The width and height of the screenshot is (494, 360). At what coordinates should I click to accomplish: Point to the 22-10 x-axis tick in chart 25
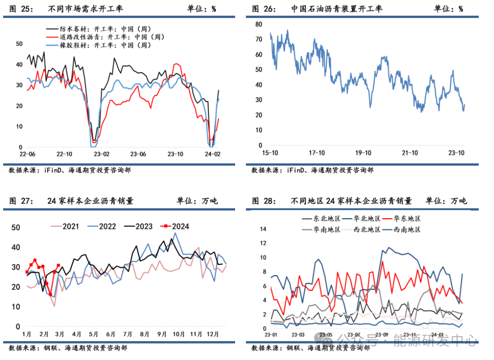64,154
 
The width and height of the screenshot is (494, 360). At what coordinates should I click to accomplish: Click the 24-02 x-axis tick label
212,154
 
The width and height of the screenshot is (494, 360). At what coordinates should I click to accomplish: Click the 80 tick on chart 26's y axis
258,24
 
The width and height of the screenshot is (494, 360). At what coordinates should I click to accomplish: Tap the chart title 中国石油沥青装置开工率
337,9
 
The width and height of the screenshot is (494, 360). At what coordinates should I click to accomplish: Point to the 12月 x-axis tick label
213,335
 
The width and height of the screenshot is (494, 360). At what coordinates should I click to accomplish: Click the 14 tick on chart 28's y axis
263,229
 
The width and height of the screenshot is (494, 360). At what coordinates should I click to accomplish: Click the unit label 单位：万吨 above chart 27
198,201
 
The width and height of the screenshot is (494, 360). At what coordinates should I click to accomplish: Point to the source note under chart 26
312,170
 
